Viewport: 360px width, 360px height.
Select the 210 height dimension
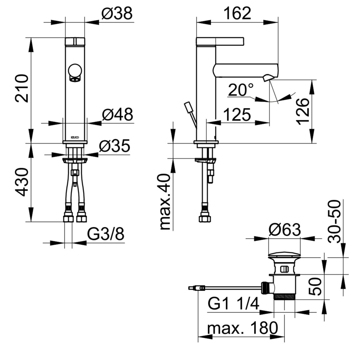(x=22, y=88)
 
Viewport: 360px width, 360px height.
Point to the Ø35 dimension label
(x=115, y=146)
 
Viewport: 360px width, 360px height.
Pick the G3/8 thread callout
(x=106, y=234)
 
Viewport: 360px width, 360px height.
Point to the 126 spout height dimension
(x=303, y=111)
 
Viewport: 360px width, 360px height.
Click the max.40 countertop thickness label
(x=165, y=202)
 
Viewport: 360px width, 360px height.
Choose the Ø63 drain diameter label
(x=285, y=230)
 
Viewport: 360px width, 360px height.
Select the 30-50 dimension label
(x=334, y=222)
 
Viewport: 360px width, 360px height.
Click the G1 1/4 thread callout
(x=233, y=303)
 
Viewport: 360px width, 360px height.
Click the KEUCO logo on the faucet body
(x=75, y=137)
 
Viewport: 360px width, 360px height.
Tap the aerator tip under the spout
(x=268, y=78)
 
